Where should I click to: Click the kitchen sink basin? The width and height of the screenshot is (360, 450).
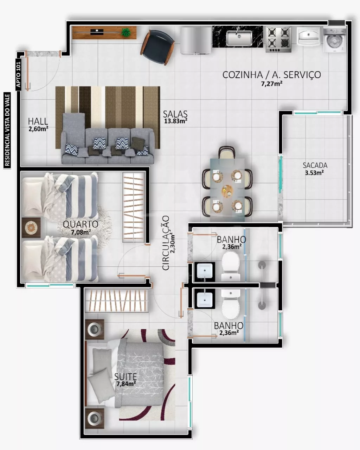[239, 38]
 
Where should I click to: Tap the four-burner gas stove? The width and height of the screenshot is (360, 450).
[278, 39]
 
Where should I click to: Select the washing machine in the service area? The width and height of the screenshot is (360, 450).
[334, 40]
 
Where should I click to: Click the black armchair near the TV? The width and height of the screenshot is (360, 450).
[158, 47]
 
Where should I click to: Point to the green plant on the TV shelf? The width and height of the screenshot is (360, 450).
[126, 32]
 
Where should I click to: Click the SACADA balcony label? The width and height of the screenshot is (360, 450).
[315, 165]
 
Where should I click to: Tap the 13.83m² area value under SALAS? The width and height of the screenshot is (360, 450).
[175, 121]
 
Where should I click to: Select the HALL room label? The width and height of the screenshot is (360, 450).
[38, 121]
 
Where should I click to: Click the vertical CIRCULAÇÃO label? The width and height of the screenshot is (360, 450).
[166, 243]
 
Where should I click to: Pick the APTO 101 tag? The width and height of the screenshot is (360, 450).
[19, 75]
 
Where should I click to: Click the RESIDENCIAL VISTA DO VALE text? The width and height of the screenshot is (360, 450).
[7, 130]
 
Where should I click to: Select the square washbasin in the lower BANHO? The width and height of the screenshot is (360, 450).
[205, 299]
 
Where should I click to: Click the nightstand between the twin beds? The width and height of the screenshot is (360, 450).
[31, 228]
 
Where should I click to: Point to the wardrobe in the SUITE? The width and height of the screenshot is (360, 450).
[117, 301]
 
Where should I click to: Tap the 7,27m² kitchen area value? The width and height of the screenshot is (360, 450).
[272, 84]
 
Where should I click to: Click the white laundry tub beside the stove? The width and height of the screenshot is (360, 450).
[308, 36]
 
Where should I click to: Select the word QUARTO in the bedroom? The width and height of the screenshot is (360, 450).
[81, 224]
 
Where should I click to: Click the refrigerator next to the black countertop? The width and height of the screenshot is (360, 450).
[196, 40]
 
